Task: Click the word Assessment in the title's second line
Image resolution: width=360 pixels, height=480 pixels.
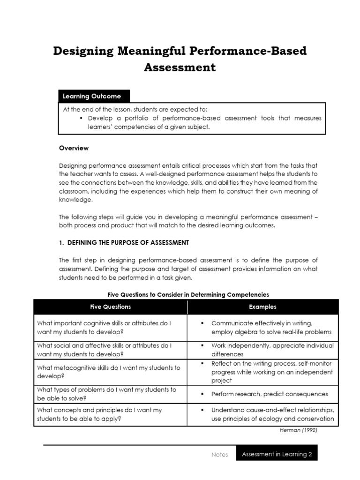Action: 180,67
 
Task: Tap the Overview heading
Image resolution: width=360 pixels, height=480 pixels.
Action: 74,148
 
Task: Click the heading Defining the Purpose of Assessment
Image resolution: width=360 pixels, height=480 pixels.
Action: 124,242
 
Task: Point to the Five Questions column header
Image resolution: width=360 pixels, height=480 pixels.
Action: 111,307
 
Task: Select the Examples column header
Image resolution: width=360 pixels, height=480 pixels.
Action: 262,307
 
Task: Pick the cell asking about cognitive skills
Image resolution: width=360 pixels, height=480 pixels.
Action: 104,327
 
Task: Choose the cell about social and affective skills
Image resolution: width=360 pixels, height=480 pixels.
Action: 104,350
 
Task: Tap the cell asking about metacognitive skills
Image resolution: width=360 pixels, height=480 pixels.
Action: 108,372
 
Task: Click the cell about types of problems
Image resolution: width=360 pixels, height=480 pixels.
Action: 106,394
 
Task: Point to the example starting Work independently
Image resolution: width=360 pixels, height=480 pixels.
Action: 272,350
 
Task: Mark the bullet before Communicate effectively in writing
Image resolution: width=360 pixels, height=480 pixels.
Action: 202,323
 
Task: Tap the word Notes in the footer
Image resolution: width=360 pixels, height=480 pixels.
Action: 220,454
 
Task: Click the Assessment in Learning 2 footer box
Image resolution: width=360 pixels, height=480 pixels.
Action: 277,454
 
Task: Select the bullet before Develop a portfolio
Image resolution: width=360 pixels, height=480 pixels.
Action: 82,118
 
